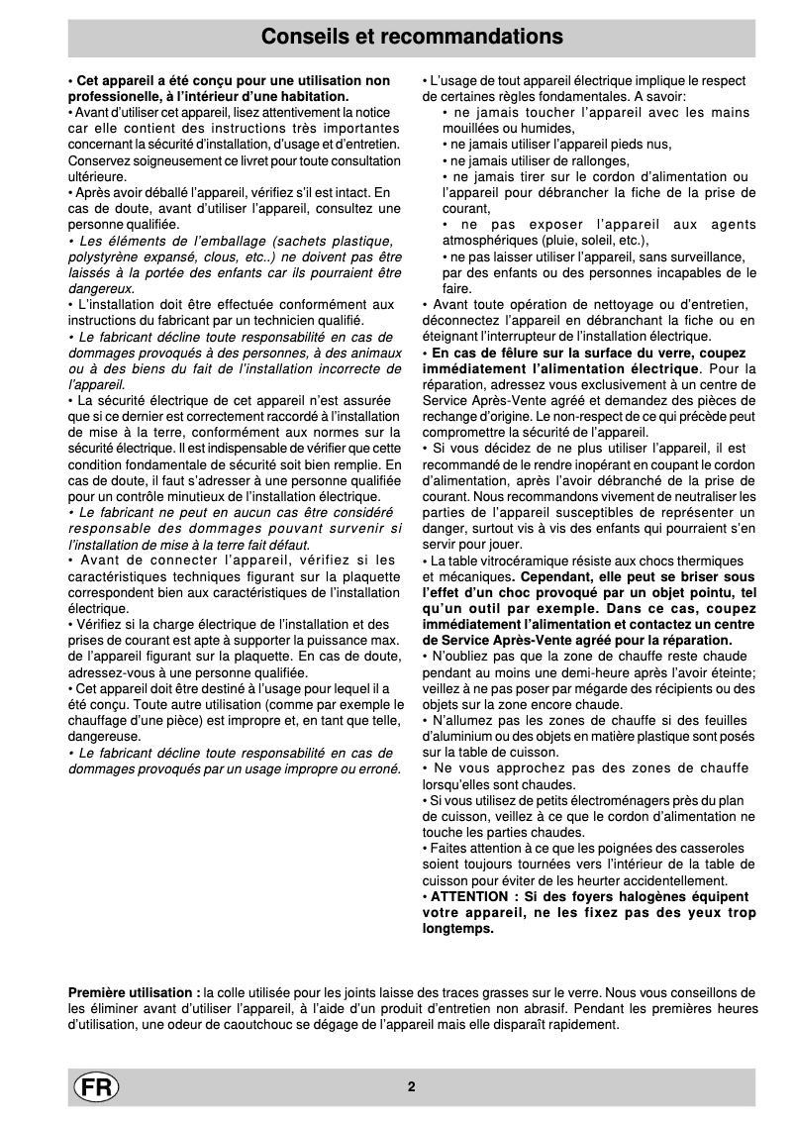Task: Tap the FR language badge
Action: pos(95,1086)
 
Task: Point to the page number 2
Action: pos(411,1086)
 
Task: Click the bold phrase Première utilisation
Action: pos(133,992)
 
